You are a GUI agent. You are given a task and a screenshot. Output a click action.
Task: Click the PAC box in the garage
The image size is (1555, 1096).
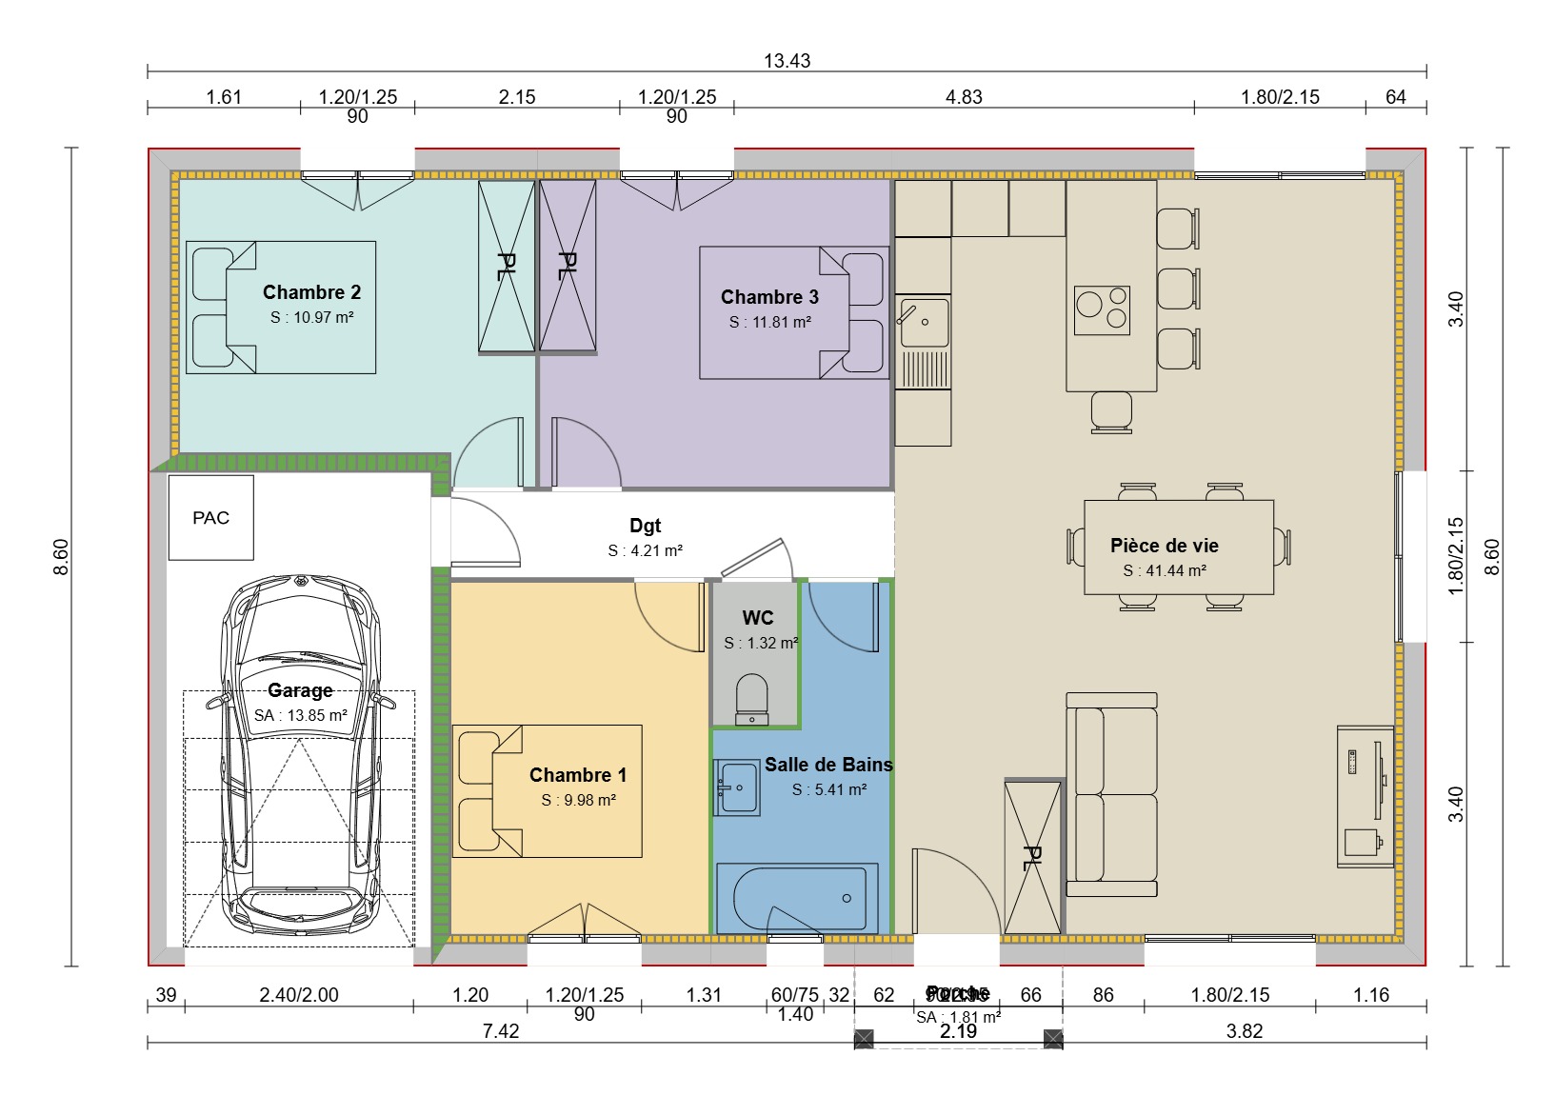(210, 518)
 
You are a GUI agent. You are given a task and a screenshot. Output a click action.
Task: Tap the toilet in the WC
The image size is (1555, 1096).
(751, 699)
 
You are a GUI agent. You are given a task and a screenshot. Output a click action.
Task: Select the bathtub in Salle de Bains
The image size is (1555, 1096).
(797, 898)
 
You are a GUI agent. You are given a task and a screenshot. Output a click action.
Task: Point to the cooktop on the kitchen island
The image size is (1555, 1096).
(1102, 309)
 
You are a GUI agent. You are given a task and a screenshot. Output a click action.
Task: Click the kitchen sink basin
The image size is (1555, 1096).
(923, 322)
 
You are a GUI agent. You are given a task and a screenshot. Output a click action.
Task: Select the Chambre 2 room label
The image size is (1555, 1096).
(311, 292)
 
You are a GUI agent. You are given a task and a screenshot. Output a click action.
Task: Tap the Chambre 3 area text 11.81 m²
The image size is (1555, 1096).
(769, 323)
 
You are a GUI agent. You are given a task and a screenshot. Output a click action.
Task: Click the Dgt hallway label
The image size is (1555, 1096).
(645, 526)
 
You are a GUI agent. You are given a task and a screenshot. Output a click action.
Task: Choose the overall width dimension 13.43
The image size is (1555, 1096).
(787, 61)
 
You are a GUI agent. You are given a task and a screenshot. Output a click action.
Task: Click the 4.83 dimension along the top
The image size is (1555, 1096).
(964, 97)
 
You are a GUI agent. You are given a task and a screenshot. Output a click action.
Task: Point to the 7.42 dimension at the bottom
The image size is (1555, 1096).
(501, 1031)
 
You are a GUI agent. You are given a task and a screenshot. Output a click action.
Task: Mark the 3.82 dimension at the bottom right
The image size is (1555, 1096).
(1244, 1031)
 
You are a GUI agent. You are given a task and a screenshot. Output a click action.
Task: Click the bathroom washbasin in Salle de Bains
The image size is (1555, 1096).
(738, 787)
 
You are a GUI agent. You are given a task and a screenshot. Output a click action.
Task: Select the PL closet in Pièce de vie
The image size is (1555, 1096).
(1033, 857)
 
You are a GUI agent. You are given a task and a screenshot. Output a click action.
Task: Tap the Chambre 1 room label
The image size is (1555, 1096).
(578, 775)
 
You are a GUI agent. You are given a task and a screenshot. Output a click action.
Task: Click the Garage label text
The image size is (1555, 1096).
(300, 690)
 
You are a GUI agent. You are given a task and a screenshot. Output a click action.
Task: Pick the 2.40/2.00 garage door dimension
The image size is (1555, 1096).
(299, 995)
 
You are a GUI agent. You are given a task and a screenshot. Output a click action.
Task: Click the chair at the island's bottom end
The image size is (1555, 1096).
(1111, 412)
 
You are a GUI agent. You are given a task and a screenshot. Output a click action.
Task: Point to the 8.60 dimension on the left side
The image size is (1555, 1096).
(61, 557)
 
